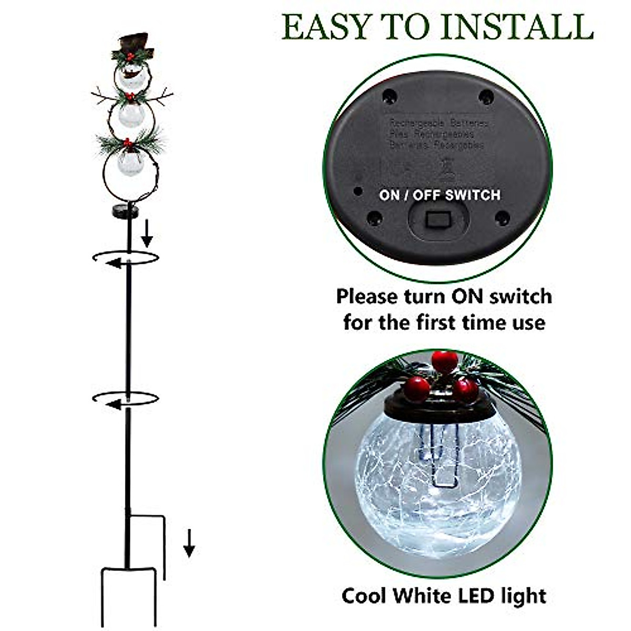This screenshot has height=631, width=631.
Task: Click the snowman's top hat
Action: (133, 45)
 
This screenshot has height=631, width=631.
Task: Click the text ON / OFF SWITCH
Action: (440, 195)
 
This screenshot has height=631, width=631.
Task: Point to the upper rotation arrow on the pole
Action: (125, 258)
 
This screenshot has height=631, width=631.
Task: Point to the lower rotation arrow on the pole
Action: (125, 399)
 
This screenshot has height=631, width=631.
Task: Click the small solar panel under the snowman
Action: (126, 211)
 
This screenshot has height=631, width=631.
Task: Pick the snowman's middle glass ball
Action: (130, 115)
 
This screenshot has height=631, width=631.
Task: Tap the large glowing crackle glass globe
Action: (438, 484)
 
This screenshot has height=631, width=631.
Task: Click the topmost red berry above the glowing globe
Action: (444, 361)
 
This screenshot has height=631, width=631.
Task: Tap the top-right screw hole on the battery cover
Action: (486, 97)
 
